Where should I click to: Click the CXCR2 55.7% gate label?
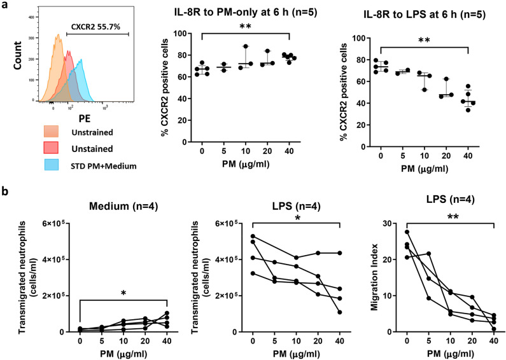point(93,28)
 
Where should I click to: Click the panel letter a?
point(6,6)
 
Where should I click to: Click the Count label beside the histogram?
point(15,65)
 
